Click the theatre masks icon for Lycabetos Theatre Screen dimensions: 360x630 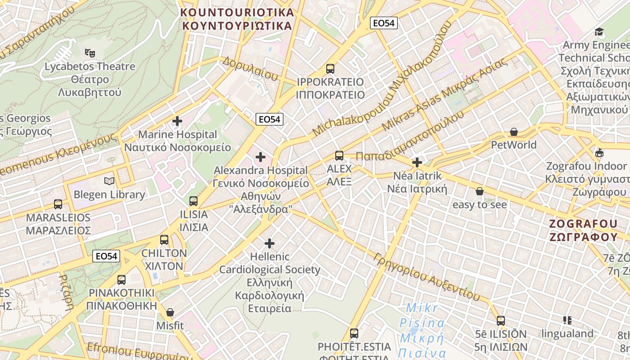90,53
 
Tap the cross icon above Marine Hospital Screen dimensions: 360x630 177,121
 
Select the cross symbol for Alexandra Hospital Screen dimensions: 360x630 260,157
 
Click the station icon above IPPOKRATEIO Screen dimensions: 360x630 330,68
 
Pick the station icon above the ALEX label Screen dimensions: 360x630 339,156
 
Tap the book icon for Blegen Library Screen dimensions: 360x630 109,181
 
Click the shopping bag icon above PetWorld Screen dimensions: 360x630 513,132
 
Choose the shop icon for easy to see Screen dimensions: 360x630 480,191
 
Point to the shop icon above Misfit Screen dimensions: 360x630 170,312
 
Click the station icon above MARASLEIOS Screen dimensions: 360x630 58,204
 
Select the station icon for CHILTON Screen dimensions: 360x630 164,239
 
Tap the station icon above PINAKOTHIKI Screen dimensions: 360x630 121,279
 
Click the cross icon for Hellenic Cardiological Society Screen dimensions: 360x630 269,243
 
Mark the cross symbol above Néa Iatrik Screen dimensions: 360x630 417,162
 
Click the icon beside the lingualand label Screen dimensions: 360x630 567,320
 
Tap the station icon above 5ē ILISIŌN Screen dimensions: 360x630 500,320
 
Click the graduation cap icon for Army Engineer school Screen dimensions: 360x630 599,31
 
